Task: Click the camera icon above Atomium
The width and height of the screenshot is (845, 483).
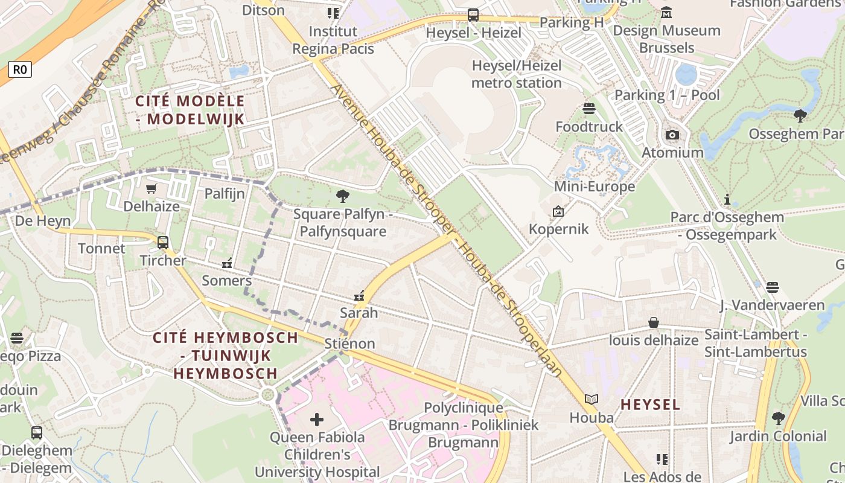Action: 672,135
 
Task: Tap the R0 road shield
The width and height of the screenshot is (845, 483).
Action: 19,69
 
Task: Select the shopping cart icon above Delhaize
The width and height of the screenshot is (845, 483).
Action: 151,189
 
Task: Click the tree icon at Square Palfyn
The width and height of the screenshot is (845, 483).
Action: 342,196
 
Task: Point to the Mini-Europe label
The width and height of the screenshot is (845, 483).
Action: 594,186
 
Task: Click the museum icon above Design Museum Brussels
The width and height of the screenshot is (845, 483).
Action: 666,12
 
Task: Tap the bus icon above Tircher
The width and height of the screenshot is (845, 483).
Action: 162,243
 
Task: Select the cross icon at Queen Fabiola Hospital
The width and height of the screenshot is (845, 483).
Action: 317,419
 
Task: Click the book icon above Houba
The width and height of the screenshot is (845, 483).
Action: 591,400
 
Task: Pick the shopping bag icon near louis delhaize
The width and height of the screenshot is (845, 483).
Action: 653,322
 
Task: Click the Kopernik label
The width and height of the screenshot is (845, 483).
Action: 558,229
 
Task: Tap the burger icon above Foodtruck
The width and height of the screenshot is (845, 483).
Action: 589,109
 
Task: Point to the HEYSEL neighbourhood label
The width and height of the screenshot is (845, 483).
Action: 650,404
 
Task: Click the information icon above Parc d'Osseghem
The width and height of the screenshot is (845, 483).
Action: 727,199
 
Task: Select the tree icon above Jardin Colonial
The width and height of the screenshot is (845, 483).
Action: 778,418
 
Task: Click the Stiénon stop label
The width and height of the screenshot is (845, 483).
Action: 349,344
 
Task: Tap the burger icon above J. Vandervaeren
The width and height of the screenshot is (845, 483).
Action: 772,287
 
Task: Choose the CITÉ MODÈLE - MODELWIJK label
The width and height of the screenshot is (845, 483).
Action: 190,110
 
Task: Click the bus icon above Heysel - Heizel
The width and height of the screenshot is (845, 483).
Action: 473,15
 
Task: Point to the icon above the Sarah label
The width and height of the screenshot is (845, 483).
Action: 359,296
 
